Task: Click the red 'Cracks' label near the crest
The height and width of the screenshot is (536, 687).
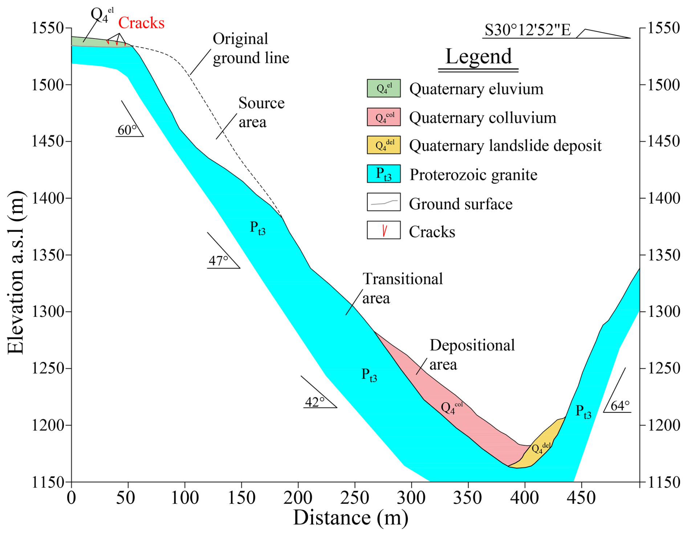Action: point(141,23)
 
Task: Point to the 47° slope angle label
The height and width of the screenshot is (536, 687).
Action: point(219,261)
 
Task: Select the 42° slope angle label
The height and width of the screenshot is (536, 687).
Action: point(315,402)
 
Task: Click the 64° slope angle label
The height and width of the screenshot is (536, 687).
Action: point(620,406)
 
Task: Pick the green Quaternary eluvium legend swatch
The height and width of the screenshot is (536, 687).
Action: point(383,88)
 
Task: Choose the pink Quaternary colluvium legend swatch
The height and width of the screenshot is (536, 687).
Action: point(383,117)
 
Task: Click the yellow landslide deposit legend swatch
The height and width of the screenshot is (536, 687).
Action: point(383,145)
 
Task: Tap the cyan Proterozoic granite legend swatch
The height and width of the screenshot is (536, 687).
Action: point(383,174)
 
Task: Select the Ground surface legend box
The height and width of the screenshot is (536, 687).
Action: point(383,202)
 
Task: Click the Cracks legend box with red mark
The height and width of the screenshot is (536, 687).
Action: point(383,230)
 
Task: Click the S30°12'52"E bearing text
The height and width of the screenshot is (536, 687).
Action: point(528,30)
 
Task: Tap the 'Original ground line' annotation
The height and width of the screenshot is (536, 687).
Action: point(251,48)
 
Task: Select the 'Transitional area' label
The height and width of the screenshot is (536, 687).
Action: point(402,289)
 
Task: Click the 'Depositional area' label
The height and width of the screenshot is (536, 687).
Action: point(472,355)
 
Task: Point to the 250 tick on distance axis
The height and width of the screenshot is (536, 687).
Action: point(355,497)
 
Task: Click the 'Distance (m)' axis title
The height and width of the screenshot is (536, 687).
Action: point(350,518)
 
